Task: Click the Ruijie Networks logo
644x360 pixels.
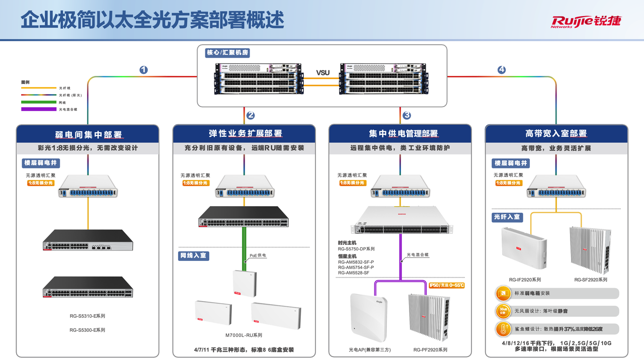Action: (x=586, y=21)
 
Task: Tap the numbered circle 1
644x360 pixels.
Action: (x=143, y=70)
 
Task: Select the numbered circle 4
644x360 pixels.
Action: (x=501, y=70)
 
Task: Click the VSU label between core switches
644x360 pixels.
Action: (x=323, y=72)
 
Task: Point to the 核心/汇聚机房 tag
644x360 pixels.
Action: (x=227, y=52)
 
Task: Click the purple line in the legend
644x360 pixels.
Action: (x=38, y=109)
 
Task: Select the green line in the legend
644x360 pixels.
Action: (x=38, y=102)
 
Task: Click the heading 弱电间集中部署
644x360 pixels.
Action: (x=88, y=134)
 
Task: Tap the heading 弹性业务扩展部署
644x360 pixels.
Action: (x=245, y=134)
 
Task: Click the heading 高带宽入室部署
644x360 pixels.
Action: (x=556, y=134)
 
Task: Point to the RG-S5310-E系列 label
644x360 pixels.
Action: (x=88, y=316)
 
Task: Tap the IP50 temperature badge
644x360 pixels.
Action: (x=447, y=286)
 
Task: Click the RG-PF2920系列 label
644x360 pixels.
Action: (x=430, y=350)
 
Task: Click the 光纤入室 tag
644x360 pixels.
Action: (x=507, y=217)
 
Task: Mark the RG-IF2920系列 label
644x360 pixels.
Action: (x=525, y=280)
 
